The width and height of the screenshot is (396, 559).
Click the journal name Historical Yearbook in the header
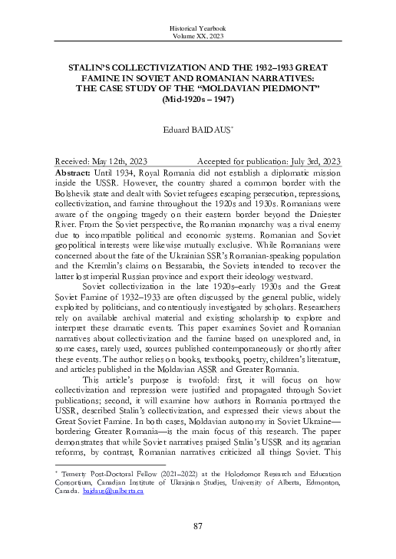click(197, 28)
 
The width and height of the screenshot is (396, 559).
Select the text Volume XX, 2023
click(197, 36)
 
